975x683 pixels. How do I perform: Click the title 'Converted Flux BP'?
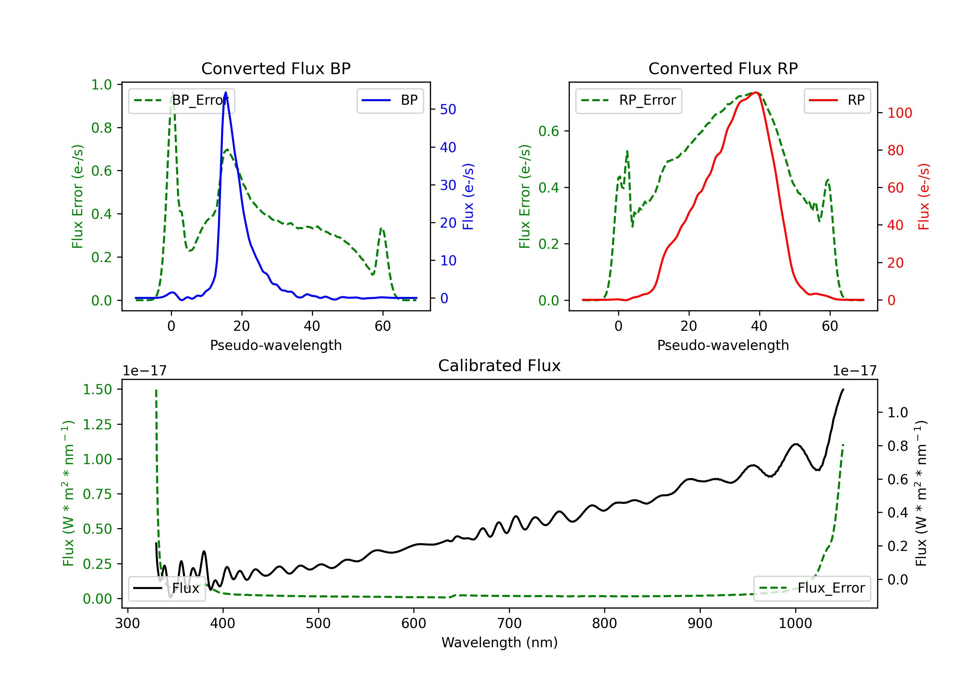[276, 68]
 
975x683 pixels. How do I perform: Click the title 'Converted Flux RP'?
[723, 68]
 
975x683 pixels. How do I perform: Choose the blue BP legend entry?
[390, 100]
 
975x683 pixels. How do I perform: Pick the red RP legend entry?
[837, 100]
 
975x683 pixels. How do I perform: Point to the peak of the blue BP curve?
[226, 92]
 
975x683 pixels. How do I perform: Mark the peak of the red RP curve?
[756, 92]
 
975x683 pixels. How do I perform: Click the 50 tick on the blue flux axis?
[448, 110]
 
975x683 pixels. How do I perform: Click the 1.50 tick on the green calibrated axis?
[97, 389]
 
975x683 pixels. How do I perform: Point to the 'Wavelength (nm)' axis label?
[500, 642]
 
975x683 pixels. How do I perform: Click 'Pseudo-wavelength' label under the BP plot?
[276, 345]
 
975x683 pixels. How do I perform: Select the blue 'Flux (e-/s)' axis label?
[468, 197]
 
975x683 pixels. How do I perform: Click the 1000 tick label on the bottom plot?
[795, 623]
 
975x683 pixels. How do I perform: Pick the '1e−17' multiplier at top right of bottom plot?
[854, 371]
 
